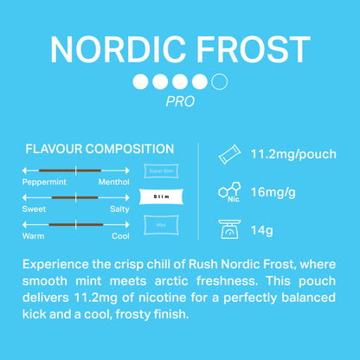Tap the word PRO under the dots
(x=179, y=101)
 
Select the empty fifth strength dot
(x=219, y=83)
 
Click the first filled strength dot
(x=140, y=83)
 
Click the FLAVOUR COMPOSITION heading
(x=100, y=149)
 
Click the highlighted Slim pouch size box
(x=161, y=197)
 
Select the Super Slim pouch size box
(x=161, y=170)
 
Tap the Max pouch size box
(x=161, y=225)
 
